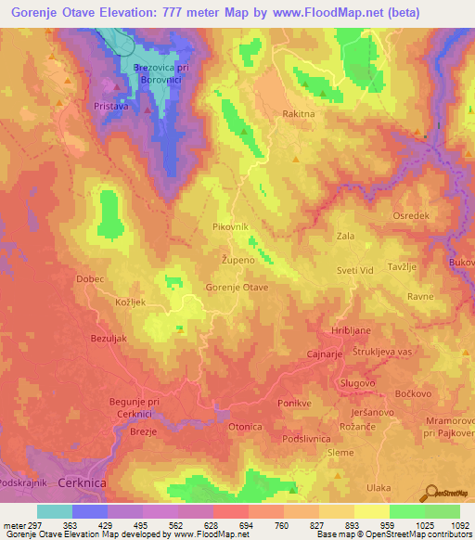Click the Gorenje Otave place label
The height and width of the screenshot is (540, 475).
(x=237, y=289)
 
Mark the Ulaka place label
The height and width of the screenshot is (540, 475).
(x=379, y=487)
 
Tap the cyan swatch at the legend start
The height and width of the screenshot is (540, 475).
(x=55, y=511)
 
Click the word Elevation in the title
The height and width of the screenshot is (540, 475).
(x=150, y=13)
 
